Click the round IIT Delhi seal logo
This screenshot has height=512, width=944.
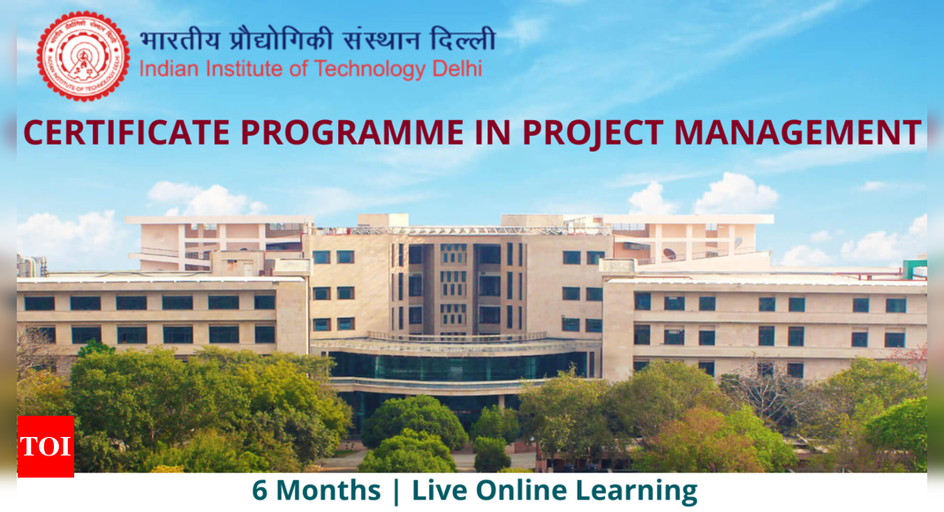pos(83,56)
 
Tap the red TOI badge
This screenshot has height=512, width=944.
pos(46,447)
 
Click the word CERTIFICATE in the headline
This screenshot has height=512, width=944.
pos(126,132)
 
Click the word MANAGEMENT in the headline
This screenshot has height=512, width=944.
pos(797,132)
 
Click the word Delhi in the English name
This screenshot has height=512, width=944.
pos(457,69)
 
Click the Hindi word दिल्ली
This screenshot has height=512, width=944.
pos(463,39)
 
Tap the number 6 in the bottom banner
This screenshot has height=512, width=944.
pos(260,490)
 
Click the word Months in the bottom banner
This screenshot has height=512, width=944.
pos(329,490)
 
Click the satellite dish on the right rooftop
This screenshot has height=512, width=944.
pos(669,254)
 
